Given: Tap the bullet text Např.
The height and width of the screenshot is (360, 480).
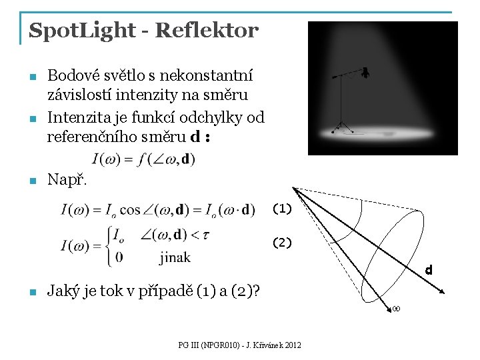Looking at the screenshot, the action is tap(67, 180).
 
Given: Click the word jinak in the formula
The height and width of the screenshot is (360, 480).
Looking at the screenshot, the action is tap(175, 257).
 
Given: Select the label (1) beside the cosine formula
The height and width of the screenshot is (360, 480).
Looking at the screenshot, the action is tap(281, 209).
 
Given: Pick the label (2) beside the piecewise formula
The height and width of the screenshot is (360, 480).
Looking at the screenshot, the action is tap(281, 243).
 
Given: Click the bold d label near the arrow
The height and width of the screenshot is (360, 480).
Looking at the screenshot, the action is tap(429, 271).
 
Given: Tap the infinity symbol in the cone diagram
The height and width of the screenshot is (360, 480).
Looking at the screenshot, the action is tap(395, 309).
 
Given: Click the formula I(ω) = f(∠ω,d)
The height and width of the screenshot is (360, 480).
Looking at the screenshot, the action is tap(144, 159).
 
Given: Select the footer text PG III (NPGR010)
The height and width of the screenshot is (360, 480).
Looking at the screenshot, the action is tap(210, 345).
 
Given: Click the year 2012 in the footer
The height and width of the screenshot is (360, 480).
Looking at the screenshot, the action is tap(292, 345).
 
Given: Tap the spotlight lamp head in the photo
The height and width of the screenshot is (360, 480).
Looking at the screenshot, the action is tap(365, 73).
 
